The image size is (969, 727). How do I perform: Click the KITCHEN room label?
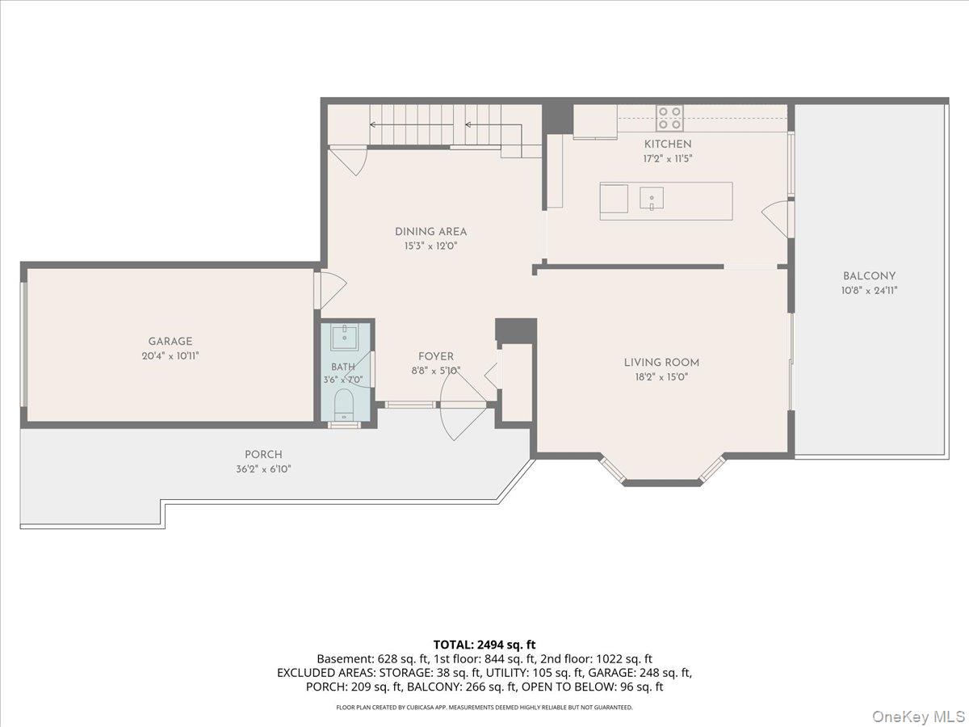tap(668, 144)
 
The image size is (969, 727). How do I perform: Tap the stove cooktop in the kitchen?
tap(669, 118)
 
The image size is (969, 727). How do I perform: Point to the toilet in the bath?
tap(343, 405)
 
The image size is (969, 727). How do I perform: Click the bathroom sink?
tap(344, 337)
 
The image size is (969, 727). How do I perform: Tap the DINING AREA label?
tap(431, 232)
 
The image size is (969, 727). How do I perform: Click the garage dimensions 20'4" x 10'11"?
tap(170, 355)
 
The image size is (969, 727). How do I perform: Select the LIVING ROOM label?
tap(661, 363)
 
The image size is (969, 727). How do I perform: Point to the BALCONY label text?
tap(869, 276)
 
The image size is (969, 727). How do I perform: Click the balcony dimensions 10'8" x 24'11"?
tap(869, 291)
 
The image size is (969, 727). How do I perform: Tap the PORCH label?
tap(263, 454)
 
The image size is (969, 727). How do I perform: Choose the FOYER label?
tap(436, 356)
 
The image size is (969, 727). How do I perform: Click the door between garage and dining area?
tap(330, 290)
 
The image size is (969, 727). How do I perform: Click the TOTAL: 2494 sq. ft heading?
tap(484, 645)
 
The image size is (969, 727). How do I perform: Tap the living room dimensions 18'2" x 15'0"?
tap(661, 377)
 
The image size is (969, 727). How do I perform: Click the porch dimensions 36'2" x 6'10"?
tap(263, 469)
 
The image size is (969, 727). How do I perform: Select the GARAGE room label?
tap(170, 341)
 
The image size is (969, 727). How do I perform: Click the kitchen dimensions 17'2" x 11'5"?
tap(668, 158)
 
